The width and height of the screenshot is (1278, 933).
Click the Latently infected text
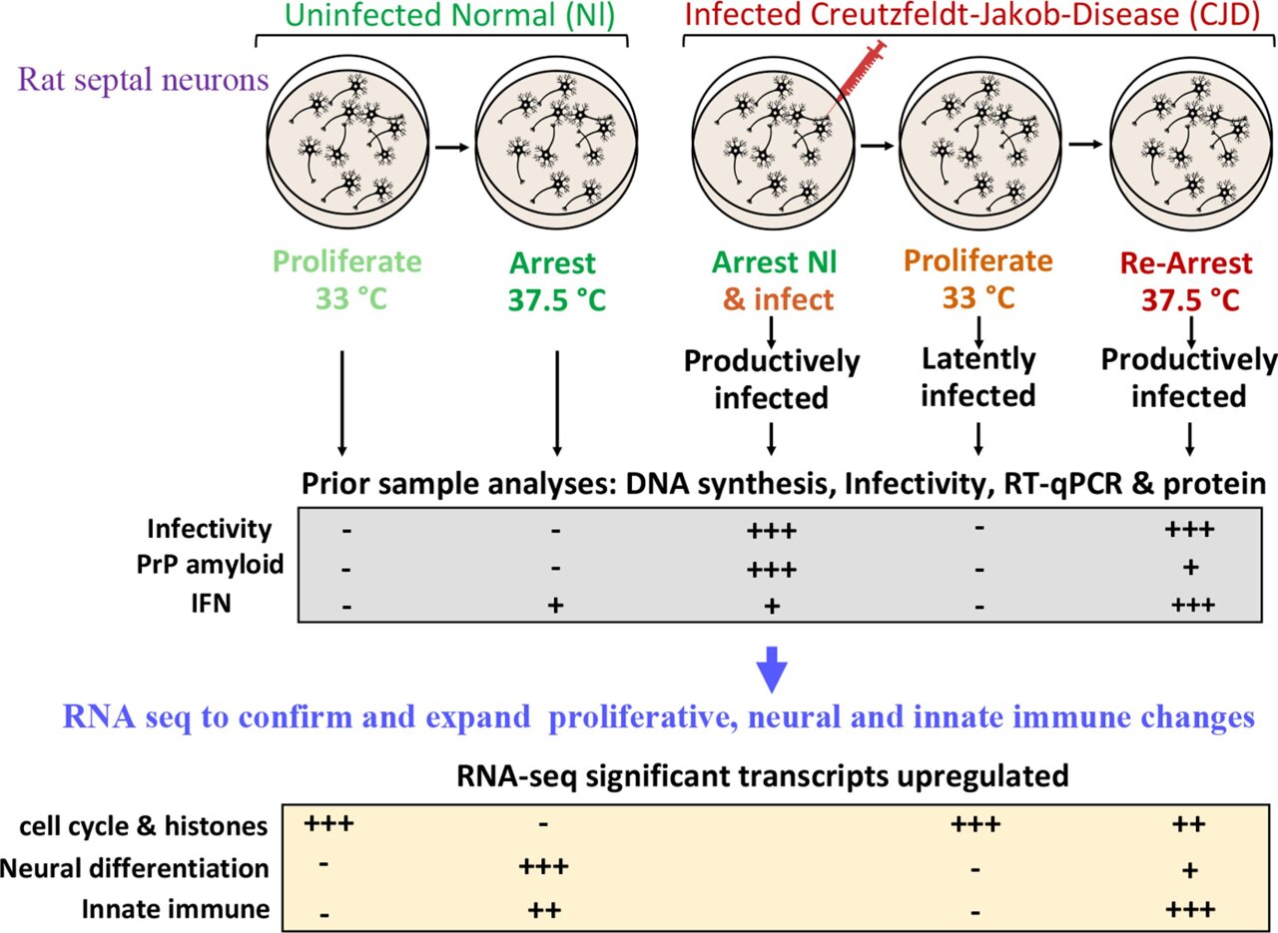(977, 377)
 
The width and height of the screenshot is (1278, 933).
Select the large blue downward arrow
(771, 671)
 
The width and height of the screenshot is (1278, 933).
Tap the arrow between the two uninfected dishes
(453, 147)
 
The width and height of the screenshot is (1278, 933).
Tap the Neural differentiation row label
(135, 867)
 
